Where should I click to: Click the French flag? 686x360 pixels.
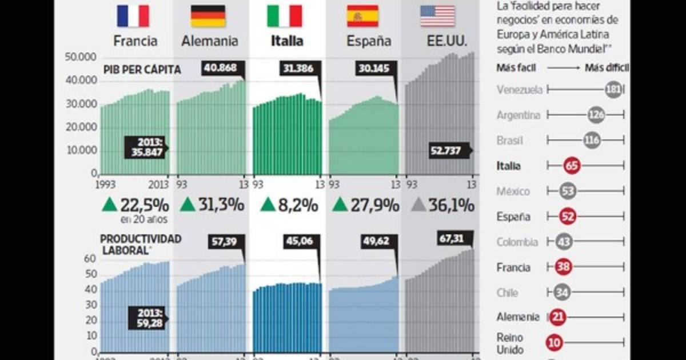coord(133,16)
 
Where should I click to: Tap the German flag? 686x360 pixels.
coord(208,16)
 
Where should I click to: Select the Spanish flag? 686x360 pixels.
coord(362,16)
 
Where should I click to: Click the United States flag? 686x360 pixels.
coord(437,16)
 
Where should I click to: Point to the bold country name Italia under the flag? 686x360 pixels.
coord(287,41)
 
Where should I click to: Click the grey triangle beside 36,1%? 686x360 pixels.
coord(418,205)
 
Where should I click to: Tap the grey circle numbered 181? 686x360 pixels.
coord(613,90)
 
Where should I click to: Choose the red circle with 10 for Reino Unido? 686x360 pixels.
coord(554,343)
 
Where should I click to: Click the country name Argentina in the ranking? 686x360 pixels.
coord(518,115)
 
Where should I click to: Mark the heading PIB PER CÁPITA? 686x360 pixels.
coord(142,70)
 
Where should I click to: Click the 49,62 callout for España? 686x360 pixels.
coord(376,241)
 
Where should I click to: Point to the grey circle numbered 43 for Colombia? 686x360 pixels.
coord(564,242)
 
